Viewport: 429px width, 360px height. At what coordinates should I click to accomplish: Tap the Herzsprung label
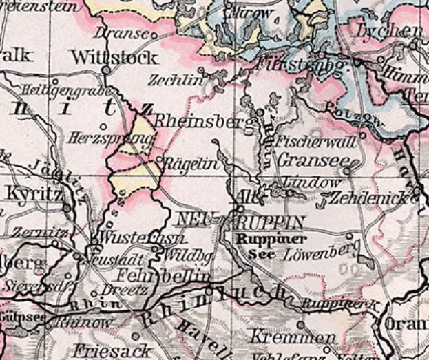(x=111, y=139)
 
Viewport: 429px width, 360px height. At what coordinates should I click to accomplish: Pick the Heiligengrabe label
(x=65, y=89)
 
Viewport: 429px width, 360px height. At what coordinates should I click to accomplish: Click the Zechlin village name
(x=176, y=79)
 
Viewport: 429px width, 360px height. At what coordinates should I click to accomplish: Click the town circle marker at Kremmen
(x=301, y=324)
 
